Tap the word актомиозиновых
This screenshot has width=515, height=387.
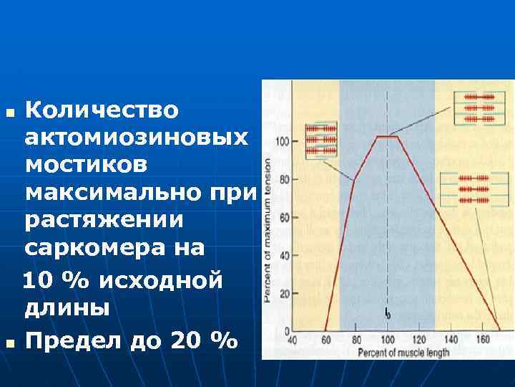tap(137, 138)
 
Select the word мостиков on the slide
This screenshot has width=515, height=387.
tap(87, 165)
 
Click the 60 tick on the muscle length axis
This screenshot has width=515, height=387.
tap(326, 339)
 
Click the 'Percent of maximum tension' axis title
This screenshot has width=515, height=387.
tap(268, 229)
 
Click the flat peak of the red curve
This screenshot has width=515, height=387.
tap(387, 136)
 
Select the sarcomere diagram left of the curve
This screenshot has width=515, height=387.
tap(320, 140)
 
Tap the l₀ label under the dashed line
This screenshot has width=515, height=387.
tap(387, 313)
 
